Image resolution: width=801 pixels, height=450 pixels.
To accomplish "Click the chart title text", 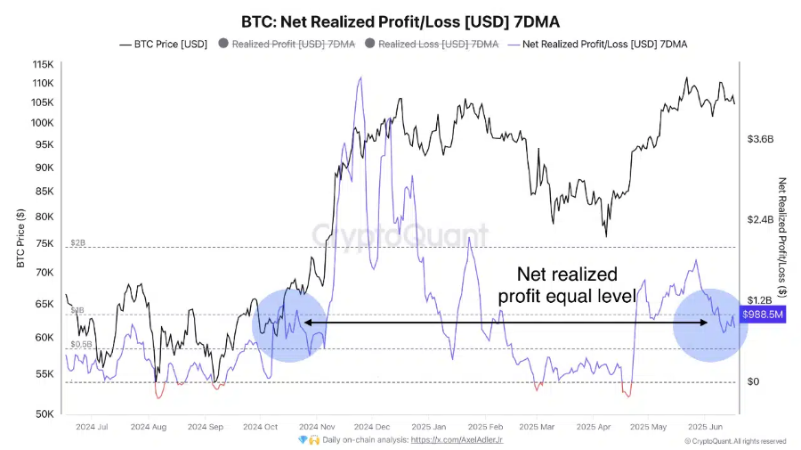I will (x=400, y=20).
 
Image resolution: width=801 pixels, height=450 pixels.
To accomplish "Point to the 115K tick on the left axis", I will (x=42, y=65).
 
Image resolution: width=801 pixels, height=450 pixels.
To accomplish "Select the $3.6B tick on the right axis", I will (x=761, y=140).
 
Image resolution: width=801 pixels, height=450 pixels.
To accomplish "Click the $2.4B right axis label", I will (x=761, y=219).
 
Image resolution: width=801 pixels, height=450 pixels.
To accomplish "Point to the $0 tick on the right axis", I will (x=754, y=382).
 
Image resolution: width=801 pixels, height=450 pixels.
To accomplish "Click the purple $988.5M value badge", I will (x=763, y=315).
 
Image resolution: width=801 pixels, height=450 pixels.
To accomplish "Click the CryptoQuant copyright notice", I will (x=735, y=441).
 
